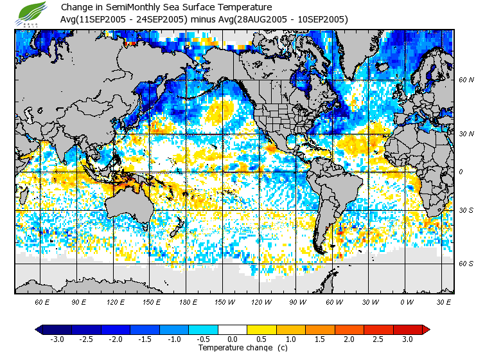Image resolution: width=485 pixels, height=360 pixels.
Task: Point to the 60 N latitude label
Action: [466, 80]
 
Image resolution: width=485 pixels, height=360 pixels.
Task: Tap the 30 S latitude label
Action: [466, 211]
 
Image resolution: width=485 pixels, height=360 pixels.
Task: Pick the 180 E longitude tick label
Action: [188, 301]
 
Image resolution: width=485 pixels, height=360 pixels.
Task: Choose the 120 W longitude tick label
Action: [260, 301]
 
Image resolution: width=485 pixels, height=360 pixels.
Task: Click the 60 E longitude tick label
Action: [42, 301]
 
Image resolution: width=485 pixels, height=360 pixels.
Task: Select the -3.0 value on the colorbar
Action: [58, 339]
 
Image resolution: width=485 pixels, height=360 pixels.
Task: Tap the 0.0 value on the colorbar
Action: [233, 339]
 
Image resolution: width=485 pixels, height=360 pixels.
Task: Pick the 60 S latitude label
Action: [466, 264]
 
